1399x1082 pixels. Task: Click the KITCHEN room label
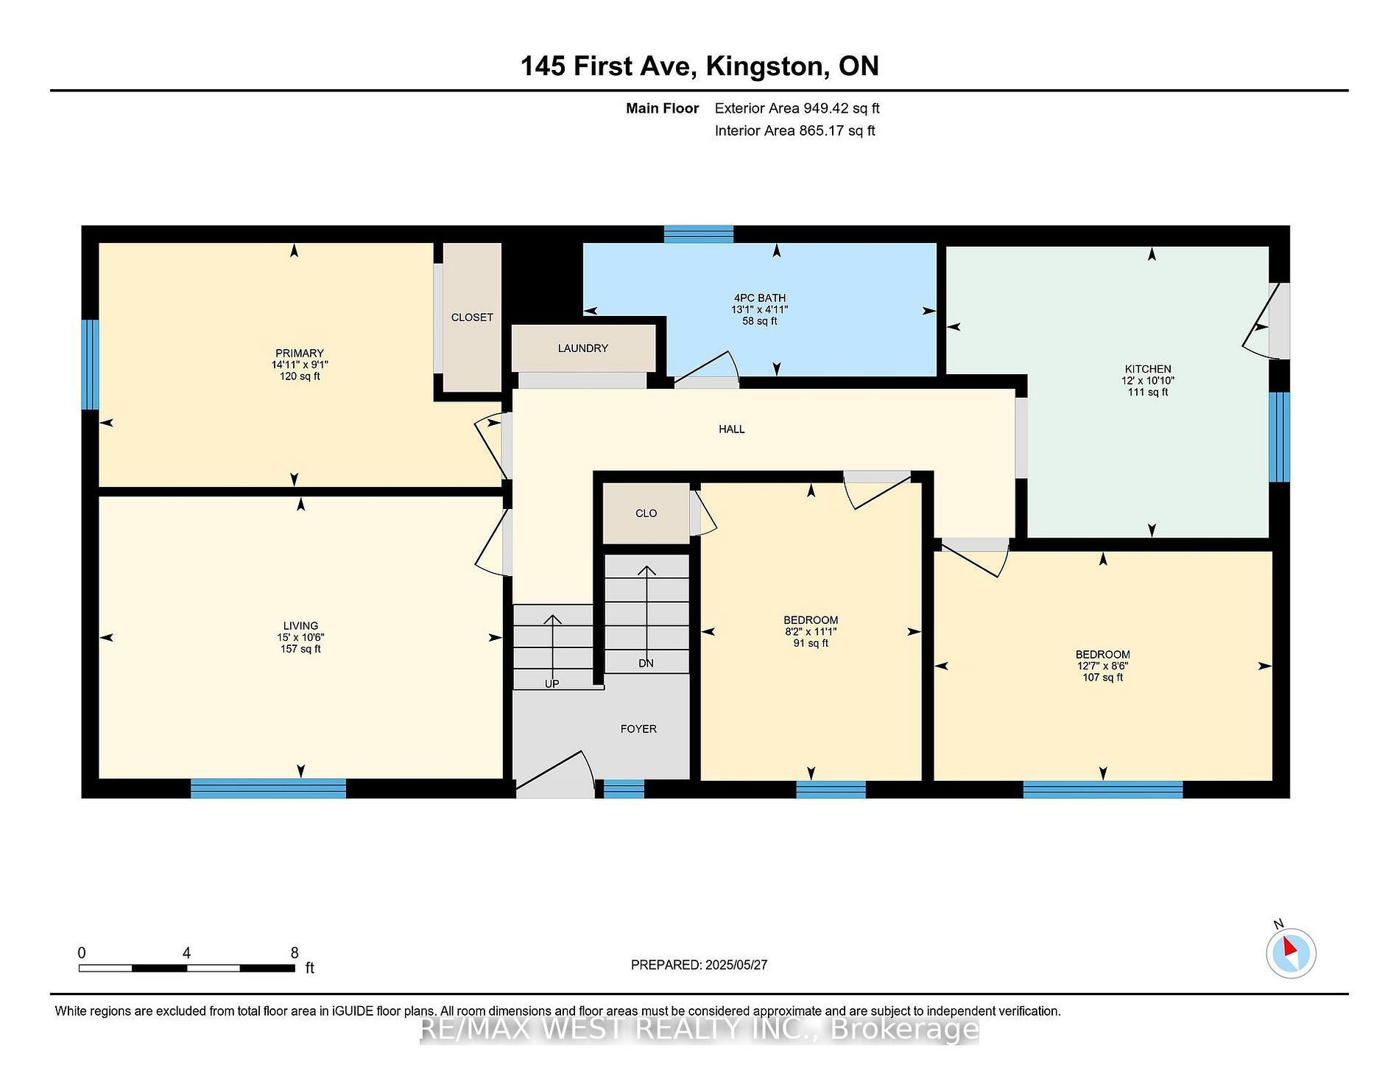pyautogui.click(x=1148, y=369)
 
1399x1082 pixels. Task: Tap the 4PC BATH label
pyautogui.click(x=760, y=298)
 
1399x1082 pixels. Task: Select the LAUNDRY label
pyautogui.click(x=583, y=348)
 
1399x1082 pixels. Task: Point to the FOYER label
pyautogui.click(x=638, y=728)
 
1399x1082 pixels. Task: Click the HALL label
pyautogui.click(x=732, y=429)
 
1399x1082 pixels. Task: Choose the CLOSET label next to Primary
pyautogui.click(x=472, y=317)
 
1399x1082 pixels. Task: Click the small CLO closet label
pyautogui.click(x=646, y=513)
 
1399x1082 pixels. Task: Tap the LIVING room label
pyautogui.click(x=300, y=626)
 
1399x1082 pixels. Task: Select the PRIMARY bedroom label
pyautogui.click(x=300, y=353)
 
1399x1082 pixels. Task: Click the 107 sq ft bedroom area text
pyautogui.click(x=1103, y=678)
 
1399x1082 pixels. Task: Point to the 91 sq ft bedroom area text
pyautogui.click(x=811, y=643)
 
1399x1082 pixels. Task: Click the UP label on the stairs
pyautogui.click(x=552, y=684)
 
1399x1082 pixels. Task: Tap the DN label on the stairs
pyautogui.click(x=646, y=663)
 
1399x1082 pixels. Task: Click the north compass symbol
pyautogui.click(x=1291, y=953)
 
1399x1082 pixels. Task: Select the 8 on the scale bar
pyautogui.click(x=295, y=952)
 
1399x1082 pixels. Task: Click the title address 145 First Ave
pyautogui.click(x=607, y=66)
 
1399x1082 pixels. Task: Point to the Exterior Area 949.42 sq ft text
pyautogui.click(x=797, y=108)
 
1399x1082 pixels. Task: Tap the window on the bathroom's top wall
pyautogui.click(x=699, y=233)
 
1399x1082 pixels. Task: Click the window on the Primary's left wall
pyautogui.click(x=90, y=364)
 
